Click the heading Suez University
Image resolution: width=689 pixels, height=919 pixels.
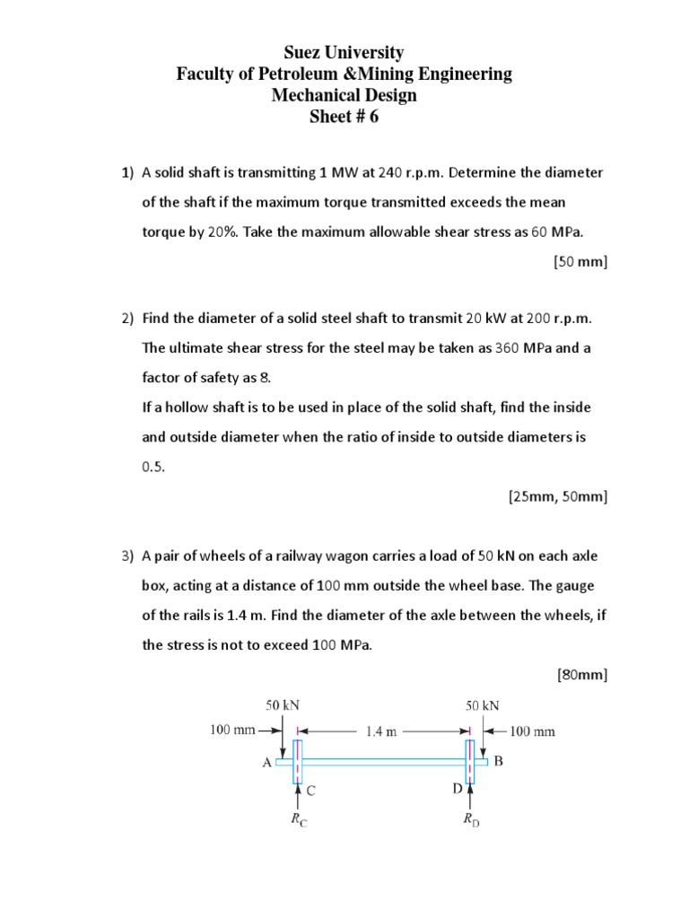point(344,53)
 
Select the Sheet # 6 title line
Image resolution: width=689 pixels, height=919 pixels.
point(344,117)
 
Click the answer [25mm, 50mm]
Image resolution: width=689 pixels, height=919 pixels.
point(558,495)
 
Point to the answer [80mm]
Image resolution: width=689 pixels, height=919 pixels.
point(582,674)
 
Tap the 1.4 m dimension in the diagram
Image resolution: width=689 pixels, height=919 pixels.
point(380,731)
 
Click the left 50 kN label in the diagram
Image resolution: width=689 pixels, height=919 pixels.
point(282,705)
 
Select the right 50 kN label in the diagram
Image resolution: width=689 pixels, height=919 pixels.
point(483,705)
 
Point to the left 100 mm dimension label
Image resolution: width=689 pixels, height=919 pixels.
point(233,731)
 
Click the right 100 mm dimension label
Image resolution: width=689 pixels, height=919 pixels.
point(532,731)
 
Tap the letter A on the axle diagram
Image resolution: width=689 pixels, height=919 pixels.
point(266,763)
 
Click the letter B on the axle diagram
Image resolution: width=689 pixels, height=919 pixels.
point(500,762)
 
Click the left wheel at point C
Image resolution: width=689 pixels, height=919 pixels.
point(298,761)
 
